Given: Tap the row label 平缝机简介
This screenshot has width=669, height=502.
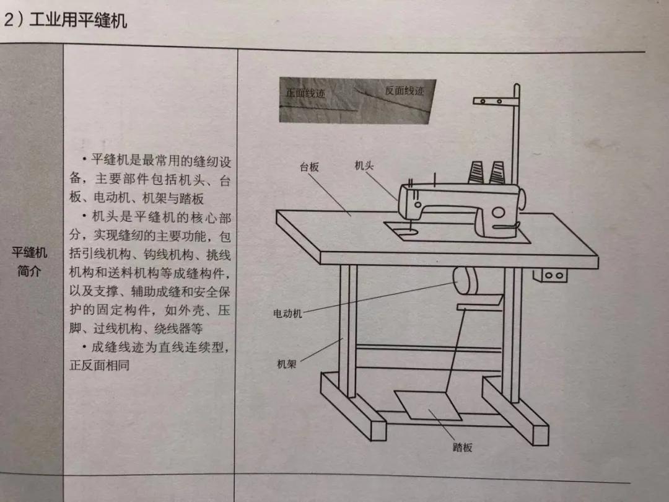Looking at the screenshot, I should pyautogui.click(x=29, y=262).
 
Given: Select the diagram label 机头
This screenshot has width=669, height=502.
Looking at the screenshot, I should pyautogui.click(x=364, y=165).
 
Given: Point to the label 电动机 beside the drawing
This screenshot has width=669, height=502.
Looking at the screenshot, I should pyautogui.click(x=287, y=314).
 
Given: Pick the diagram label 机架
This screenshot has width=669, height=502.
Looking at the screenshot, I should pyautogui.click(x=286, y=364).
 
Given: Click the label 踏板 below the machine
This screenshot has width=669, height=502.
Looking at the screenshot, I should pyautogui.click(x=462, y=447).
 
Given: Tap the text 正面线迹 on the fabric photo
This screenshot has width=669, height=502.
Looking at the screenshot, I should pyautogui.click(x=305, y=92).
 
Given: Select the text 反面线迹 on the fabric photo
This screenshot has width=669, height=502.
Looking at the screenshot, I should pyautogui.click(x=404, y=90).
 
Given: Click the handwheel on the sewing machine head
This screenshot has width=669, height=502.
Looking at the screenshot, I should pyautogui.click(x=522, y=200).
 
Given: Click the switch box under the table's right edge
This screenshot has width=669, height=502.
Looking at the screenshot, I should pyautogui.click(x=553, y=275).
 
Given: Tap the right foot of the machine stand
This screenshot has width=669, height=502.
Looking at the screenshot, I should pyautogui.click(x=515, y=412).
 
